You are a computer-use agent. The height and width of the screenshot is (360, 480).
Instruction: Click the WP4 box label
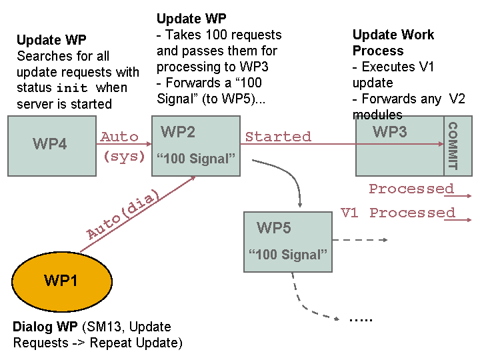49,143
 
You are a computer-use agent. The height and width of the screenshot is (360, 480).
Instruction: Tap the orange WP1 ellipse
62,281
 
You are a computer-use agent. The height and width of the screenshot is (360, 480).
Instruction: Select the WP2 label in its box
178,132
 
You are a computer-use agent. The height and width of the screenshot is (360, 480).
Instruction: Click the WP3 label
390,132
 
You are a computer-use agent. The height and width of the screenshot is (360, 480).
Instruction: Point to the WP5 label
274,228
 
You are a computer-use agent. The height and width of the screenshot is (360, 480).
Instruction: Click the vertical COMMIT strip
458,146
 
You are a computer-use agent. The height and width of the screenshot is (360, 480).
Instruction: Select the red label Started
278,137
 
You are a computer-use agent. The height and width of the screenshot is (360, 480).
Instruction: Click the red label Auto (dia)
123,214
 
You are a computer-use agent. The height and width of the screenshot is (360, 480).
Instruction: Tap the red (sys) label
124,157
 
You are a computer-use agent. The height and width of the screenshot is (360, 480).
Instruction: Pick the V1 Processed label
398,213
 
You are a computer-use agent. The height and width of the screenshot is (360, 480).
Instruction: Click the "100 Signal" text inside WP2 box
196,159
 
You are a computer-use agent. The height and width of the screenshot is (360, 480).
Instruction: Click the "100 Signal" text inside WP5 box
288,255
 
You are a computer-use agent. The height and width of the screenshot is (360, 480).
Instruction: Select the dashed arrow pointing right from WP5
360,240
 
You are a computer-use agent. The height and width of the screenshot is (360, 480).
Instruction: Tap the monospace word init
72,88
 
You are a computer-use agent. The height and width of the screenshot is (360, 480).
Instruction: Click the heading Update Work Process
393,43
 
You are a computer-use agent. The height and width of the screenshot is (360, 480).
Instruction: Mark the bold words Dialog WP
45,327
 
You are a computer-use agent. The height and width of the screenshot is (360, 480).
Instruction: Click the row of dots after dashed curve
361,320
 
